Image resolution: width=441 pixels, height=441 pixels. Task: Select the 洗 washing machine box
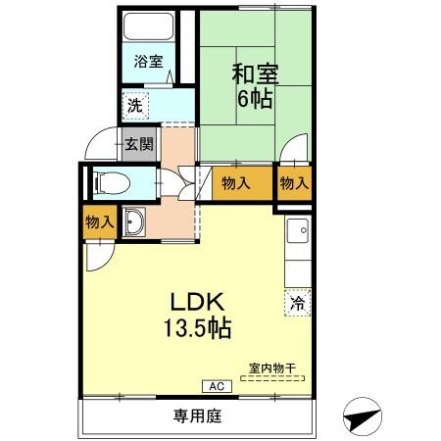click(131, 102)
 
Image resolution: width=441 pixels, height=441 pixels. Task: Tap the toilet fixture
click(108, 182)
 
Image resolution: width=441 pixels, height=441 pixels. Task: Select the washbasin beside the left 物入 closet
click(135, 222)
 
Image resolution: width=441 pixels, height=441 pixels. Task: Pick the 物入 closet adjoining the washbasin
click(99, 223)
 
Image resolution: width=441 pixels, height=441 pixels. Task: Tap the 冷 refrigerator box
click(295, 303)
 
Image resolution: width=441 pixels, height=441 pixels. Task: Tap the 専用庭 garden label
click(199, 416)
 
